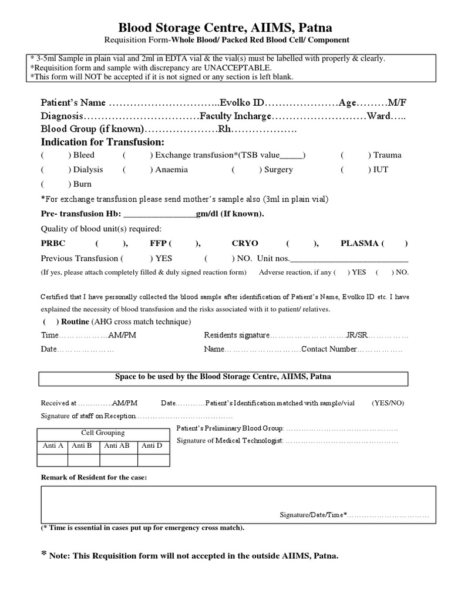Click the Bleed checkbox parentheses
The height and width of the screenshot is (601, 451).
click(56, 155)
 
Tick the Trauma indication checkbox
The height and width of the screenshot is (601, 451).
click(356, 155)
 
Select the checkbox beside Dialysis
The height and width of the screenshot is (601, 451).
click(56, 170)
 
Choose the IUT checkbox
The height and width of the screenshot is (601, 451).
click(356, 170)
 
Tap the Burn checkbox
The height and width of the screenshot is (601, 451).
click(56, 184)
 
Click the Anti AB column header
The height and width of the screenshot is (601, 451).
click(116, 445)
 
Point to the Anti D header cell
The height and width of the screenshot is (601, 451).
click(152, 445)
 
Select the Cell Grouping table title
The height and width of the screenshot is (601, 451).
click(103, 433)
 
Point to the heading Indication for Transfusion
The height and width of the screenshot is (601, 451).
click(103, 142)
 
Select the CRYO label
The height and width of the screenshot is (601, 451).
click(245, 243)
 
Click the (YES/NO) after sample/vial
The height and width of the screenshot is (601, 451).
click(387, 403)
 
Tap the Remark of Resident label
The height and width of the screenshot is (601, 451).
click(93, 477)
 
